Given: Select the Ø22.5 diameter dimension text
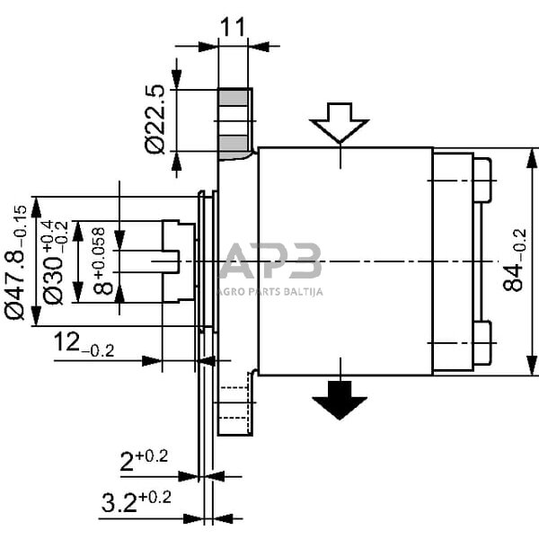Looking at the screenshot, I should (156, 119).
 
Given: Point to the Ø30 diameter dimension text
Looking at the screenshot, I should (55, 261).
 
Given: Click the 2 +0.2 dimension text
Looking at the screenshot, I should (144, 461).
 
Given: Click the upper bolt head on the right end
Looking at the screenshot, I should (482, 181).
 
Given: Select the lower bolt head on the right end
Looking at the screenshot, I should (482, 342).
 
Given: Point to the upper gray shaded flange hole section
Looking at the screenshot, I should (235, 99).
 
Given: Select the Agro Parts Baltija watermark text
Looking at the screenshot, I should (270, 291).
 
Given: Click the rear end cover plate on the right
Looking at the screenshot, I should (453, 261).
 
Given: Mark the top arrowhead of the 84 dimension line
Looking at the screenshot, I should (526, 155).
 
